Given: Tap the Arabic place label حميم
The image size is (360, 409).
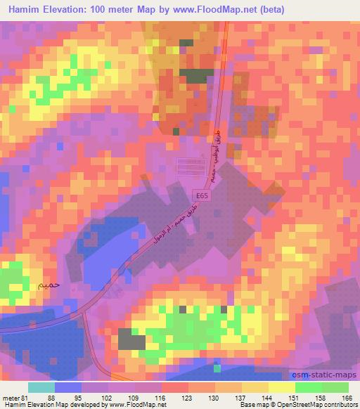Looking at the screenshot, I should tap(40, 285).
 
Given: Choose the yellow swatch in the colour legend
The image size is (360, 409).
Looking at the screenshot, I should tap(281, 387).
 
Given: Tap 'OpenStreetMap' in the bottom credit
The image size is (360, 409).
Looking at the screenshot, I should tap(295, 405).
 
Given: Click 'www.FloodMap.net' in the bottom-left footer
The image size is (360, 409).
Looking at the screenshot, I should tap(134, 405).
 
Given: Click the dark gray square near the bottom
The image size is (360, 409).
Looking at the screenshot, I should tap(131, 340).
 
